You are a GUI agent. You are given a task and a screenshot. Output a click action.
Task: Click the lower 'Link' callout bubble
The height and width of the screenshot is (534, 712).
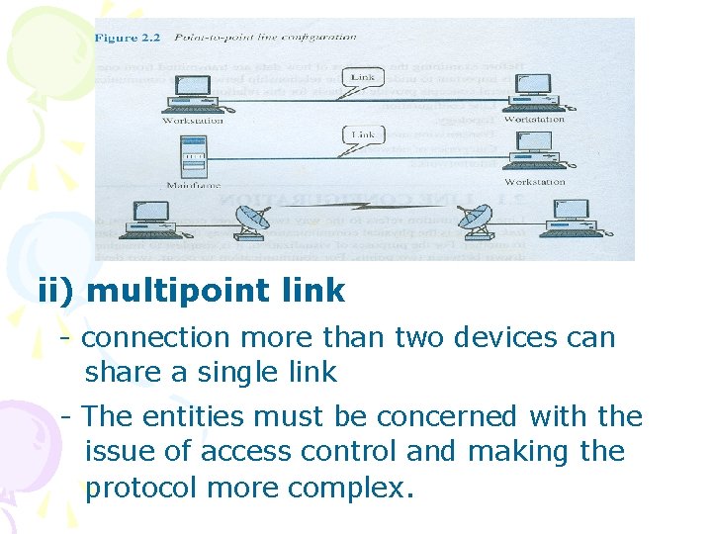pos(362,134)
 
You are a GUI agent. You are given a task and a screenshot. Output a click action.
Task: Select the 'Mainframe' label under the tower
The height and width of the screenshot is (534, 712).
pos(193,183)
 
